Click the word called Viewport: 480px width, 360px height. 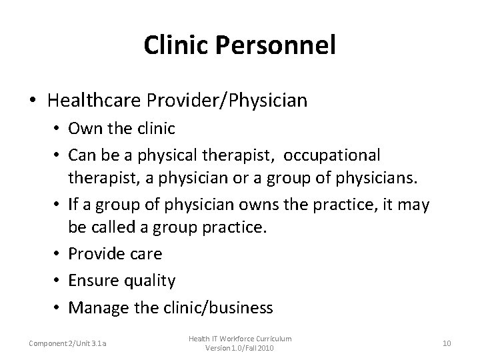tap(117, 228)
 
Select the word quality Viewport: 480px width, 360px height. tap(150, 281)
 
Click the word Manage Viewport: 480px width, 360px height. tap(98, 307)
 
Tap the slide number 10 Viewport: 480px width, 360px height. tap(447, 343)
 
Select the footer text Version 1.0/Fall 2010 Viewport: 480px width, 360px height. tap(239, 349)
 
